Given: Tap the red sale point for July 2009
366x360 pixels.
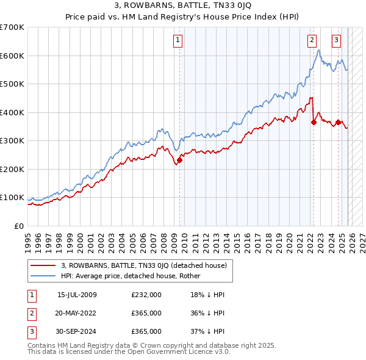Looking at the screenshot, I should [179, 160].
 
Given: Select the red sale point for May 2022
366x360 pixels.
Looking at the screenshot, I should [314, 122].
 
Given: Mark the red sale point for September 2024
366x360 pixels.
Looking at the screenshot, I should [338, 123].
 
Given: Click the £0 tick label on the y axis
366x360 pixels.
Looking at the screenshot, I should [18, 226].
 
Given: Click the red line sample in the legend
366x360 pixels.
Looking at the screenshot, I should [43, 265].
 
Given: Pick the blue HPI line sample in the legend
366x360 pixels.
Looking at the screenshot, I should [43, 276].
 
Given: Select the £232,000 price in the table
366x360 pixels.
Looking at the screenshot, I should [146, 295].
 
